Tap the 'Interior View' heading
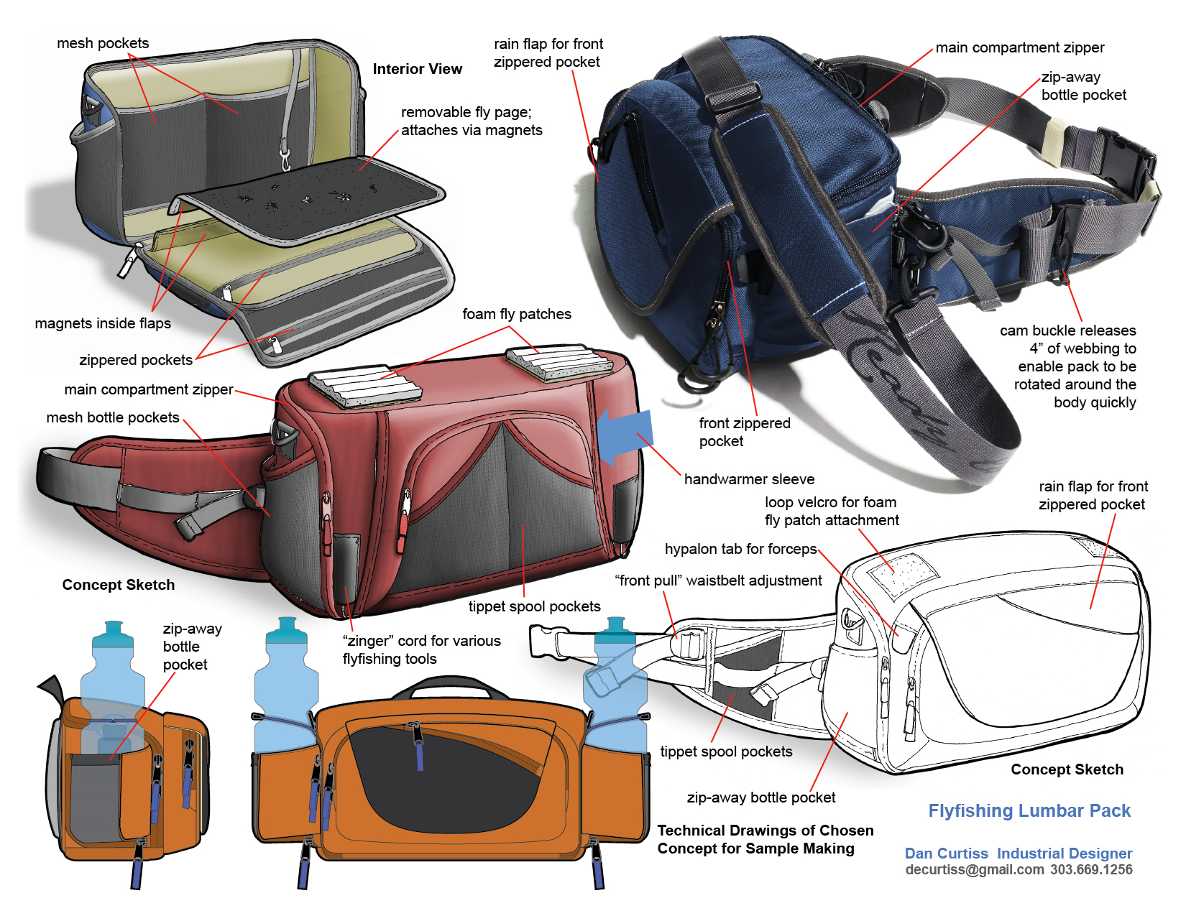417,69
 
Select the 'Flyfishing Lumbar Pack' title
1029,810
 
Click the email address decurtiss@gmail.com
974,869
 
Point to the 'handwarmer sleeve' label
749,479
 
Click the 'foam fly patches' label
516,314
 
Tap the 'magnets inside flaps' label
103,323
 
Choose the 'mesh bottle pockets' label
112,417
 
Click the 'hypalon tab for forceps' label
740,549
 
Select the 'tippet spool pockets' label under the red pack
534,606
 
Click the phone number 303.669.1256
1091,869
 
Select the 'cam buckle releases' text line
1067,330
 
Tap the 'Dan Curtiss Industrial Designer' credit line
1018,853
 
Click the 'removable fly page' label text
466,112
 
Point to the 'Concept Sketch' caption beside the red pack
119,585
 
